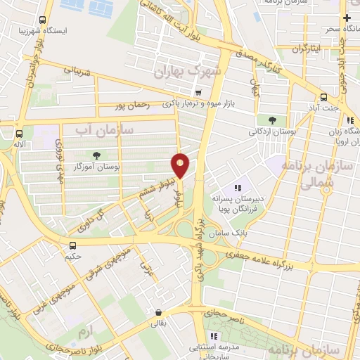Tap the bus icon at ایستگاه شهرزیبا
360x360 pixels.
(43, 20)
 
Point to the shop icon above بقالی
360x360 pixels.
(160, 312)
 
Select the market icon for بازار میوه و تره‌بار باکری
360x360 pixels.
(199, 92)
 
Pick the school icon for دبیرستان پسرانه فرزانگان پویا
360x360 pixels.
(238, 188)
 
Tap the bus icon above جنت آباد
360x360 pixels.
(323, 97)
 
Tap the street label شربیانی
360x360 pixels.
(78, 71)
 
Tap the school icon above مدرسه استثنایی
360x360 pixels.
(214, 336)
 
